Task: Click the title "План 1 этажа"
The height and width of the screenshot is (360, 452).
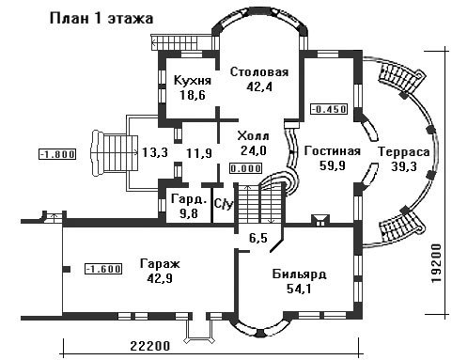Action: (x=101, y=19)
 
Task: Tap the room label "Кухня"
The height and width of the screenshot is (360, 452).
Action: (x=193, y=81)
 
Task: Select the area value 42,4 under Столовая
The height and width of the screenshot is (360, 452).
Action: (x=259, y=86)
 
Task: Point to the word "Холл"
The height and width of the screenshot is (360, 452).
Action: (x=253, y=136)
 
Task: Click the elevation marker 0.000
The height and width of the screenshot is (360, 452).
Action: (x=245, y=168)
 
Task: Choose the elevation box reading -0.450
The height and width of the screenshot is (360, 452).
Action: (x=329, y=109)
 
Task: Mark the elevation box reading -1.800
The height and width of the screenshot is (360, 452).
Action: (x=57, y=154)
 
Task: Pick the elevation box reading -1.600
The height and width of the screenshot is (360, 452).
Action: (x=103, y=269)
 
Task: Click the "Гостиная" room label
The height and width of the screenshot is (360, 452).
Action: (x=332, y=151)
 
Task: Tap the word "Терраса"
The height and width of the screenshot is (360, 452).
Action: (x=404, y=152)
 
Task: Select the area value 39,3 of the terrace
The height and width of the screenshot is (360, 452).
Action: (x=404, y=166)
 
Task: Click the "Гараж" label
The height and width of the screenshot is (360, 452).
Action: (x=160, y=264)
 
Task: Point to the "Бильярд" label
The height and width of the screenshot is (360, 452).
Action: (x=299, y=274)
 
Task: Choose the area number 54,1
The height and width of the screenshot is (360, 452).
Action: (x=299, y=289)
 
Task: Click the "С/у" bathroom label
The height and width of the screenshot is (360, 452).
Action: (x=224, y=204)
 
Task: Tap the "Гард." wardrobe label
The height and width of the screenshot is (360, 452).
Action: (x=189, y=199)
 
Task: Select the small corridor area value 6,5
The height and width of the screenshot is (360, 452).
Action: (x=258, y=238)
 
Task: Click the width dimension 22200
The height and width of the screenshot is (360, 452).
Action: (x=150, y=346)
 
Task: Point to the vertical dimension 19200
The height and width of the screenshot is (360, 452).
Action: (x=436, y=264)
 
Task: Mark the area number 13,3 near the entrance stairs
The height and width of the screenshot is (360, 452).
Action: (x=155, y=153)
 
